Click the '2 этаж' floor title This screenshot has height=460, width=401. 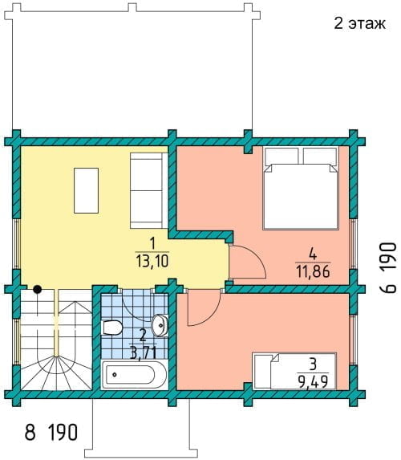point(359,23)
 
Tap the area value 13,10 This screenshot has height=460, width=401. point(152,261)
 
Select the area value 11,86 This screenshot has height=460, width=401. point(313,271)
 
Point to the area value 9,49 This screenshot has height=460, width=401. point(313,381)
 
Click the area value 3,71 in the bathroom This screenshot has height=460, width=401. point(143,352)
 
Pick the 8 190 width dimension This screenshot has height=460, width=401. point(51,432)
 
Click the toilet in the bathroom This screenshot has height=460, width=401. point(111,328)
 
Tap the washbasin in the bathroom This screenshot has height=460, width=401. point(160,325)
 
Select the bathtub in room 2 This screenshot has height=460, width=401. point(134,375)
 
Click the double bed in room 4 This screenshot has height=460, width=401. point(301,188)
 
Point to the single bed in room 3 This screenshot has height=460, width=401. point(294,371)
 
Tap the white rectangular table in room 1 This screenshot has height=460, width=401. point(86,190)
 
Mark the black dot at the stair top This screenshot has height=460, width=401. point(37,290)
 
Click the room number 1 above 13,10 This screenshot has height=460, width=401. point(152,244)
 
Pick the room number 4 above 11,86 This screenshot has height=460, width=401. point(313,254)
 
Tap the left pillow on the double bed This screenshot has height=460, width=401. point(282,156)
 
